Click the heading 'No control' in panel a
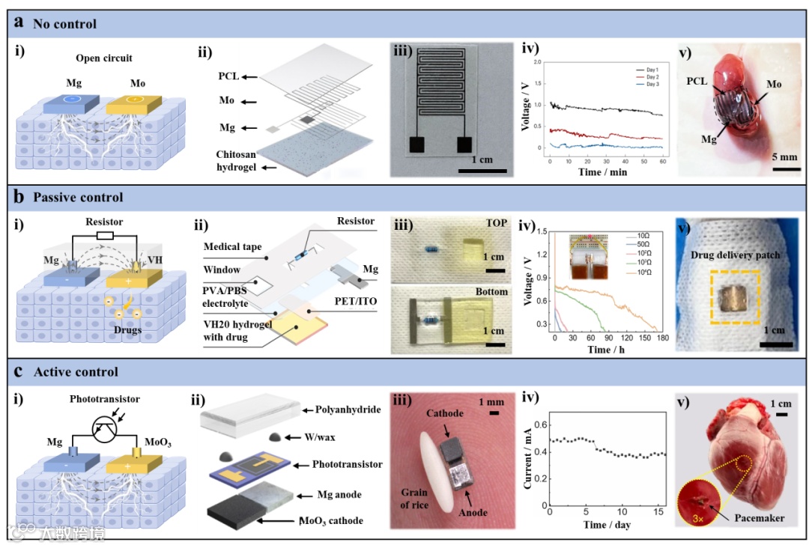64,24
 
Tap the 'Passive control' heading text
78,198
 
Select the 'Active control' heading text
75,372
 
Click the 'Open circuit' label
103,58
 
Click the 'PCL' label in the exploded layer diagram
228,76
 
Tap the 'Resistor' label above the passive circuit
105,223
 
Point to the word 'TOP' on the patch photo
495,223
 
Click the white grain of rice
420,469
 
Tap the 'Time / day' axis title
607,524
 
